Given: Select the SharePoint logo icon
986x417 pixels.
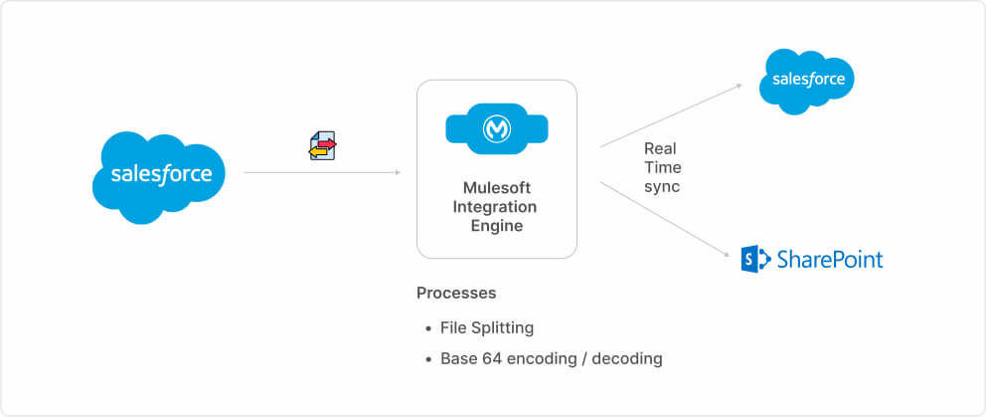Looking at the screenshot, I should coord(755,260).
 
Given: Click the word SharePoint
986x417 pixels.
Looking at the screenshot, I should coord(829,260).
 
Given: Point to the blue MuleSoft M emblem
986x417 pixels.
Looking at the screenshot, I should coord(496,129).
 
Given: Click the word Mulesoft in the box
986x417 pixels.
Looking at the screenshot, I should coord(496,187).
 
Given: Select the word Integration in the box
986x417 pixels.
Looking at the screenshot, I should coord(495,207).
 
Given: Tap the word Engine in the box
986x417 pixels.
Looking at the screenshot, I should coord(496,226).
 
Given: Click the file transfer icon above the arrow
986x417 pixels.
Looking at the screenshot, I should coord(323,145).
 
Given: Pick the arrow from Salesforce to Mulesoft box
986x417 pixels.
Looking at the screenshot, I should coord(322,173).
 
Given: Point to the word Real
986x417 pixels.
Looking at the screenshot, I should coord(660,148).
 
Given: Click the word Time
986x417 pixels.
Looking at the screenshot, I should coord(662,167).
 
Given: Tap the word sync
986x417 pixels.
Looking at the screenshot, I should coord(662,186).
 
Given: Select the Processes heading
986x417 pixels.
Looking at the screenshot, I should coord(456,294).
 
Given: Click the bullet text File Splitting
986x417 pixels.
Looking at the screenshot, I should coord(487,327).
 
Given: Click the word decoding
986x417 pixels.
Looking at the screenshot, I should coord(627,358).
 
